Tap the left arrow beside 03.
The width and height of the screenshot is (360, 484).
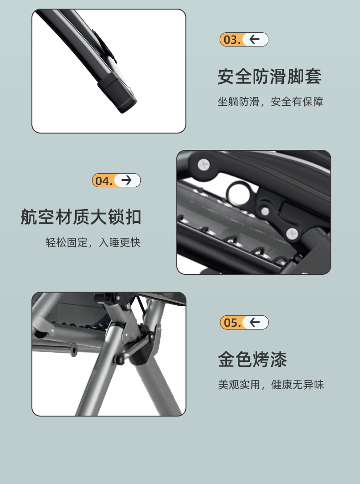click(x=254, y=40)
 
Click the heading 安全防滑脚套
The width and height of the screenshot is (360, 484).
click(x=269, y=77)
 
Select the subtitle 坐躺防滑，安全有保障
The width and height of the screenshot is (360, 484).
click(x=271, y=102)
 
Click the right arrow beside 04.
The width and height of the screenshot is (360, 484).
click(x=127, y=180)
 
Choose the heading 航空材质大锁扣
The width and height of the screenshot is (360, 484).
click(x=81, y=216)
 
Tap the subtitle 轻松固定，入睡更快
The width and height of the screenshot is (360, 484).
click(x=93, y=242)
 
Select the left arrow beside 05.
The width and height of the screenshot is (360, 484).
click(x=255, y=323)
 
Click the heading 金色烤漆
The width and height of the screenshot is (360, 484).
click(x=252, y=359)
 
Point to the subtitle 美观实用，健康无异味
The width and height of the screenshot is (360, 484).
click(x=271, y=385)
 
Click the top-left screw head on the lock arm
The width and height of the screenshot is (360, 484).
click(x=203, y=165)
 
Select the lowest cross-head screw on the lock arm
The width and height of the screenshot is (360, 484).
click(x=292, y=234)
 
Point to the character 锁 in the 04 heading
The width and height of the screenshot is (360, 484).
click(x=116, y=216)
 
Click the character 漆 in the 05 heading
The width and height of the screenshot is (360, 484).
click(x=278, y=359)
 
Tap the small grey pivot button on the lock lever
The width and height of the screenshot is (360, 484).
click(x=265, y=211)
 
